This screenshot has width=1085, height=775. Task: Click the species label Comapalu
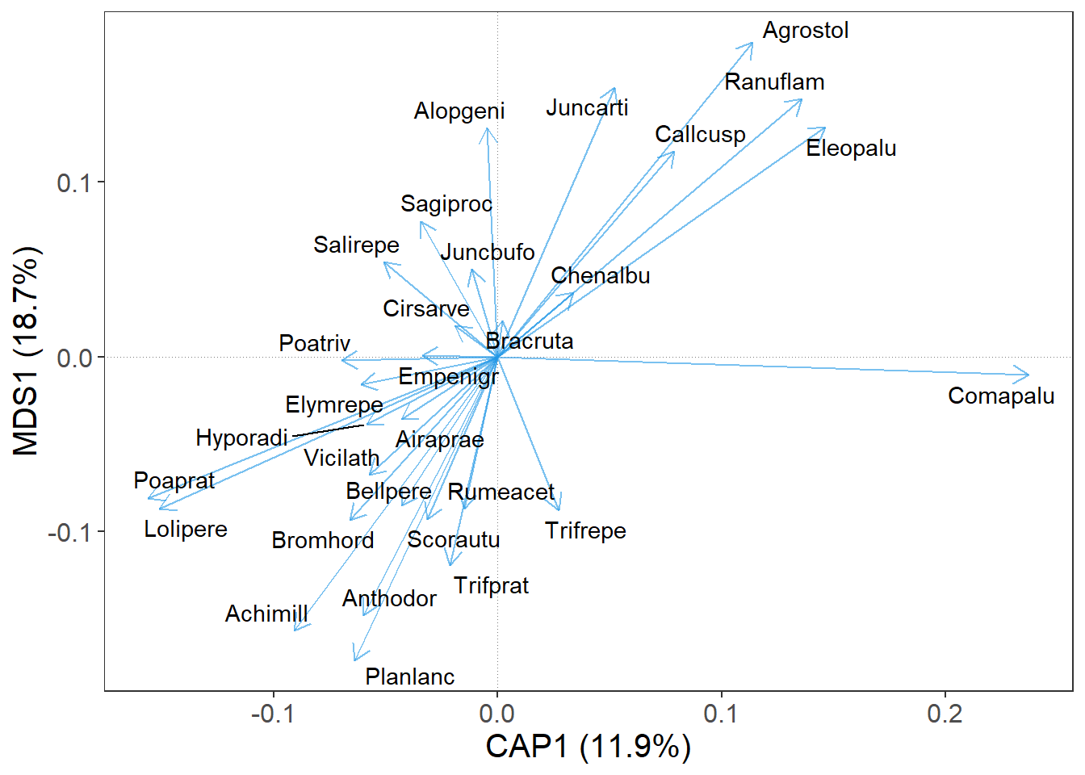click(x=1000, y=396)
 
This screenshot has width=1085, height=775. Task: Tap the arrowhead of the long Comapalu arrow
click(x=1028, y=375)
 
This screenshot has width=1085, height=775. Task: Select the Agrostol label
click(x=805, y=31)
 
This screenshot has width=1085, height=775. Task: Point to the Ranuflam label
click(x=774, y=82)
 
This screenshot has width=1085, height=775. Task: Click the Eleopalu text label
click(x=851, y=149)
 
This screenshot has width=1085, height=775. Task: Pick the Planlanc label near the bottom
click(x=409, y=677)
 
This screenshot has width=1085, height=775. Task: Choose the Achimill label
click(x=266, y=614)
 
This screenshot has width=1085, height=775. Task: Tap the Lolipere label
click(x=186, y=530)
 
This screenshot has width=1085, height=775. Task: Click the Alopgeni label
click(x=459, y=111)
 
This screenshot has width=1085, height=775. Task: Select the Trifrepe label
click(x=585, y=531)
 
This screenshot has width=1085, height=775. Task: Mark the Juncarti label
click(x=587, y=108)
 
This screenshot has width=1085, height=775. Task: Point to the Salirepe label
click(x=356, y=245)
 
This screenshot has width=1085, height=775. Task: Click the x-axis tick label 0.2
click(x=945, y=714)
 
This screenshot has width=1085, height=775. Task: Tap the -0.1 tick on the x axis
click(x=273, y=714)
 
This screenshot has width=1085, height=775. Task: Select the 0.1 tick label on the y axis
click(x=74, y=182)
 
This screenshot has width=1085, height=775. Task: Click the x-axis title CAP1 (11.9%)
click(x=588, y=746)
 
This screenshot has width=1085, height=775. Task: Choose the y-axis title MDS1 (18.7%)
click(x=26, y=351)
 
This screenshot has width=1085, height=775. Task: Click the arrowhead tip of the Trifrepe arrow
click(x=559, y=510)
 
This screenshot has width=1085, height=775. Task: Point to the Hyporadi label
click(x=241, y=438)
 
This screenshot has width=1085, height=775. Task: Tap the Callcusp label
click(x=700, y=135)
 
